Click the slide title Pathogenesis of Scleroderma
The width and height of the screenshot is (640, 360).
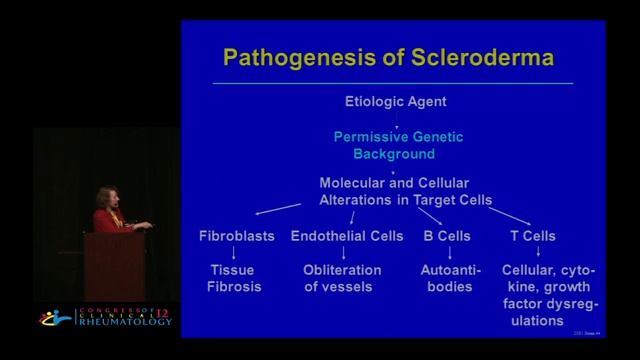click(388, 56)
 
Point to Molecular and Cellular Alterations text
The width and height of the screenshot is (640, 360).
click(404, 191)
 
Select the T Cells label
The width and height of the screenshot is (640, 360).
click(531, 237)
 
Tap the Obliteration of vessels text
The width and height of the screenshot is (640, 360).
click(342, 278)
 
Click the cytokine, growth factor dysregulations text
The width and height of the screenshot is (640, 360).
click(538, 295)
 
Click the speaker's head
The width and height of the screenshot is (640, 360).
click(107, 196)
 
